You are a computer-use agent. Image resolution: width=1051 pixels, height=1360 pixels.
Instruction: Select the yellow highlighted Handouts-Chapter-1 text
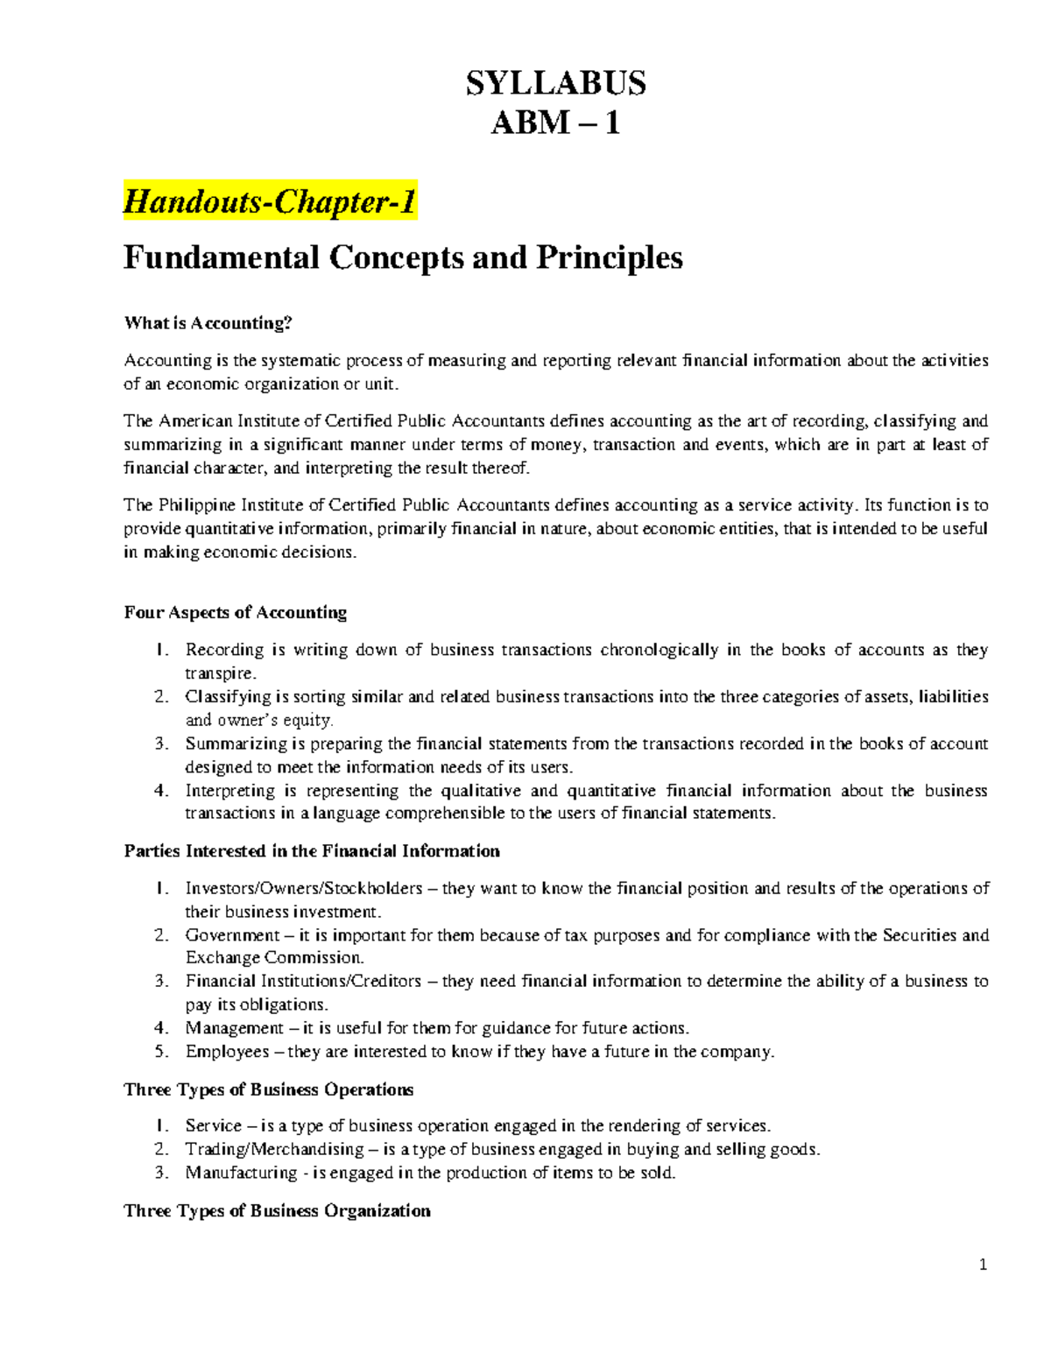click(x=270, y=202)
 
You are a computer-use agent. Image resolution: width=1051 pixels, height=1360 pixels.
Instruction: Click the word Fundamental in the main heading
click(x=222, y=257)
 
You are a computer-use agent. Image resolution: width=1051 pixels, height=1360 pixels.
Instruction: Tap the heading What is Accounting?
click(x=207, y=323)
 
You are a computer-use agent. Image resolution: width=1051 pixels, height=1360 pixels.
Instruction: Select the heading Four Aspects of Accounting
click(x=235, y=613)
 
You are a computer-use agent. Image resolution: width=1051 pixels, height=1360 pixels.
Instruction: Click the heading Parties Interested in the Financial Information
click(x=312, y=851)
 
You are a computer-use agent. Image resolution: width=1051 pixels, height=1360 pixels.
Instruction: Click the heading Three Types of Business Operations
click(x=268, y=1090)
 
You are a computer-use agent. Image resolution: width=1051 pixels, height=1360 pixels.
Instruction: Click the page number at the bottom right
click(x=983, y=1265)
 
